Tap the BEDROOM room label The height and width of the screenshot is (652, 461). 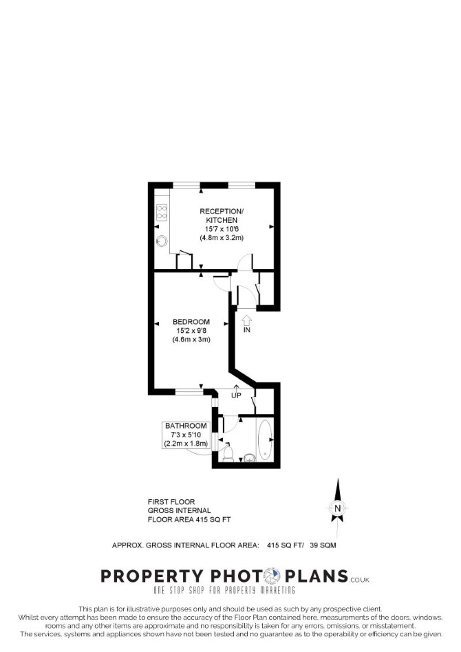point(191,321)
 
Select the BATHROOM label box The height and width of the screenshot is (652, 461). point(186,435)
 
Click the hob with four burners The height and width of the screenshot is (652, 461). point(162,213)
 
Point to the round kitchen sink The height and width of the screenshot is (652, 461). point(162,241)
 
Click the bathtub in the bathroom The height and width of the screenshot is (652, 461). point(265,440)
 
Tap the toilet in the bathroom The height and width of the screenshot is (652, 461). point(228,453)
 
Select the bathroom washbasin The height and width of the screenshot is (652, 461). point(249,457)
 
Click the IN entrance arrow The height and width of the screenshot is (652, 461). point(247,320)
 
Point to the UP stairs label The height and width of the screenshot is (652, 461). point(236,395)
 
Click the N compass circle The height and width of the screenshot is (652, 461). point(337,508)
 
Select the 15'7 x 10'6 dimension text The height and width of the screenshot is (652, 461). point(222,229)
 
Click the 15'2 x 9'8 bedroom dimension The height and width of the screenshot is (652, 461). point(191,331)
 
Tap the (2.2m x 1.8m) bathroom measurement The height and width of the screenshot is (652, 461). point(186,443)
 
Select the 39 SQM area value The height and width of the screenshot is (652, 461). point(323,545)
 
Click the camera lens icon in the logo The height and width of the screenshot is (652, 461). point(273,576)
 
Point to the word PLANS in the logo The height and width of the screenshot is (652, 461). point(317,576)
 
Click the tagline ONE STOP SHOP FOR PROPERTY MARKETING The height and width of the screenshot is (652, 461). point(224,590)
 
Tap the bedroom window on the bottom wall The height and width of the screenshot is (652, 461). point(189,391)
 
